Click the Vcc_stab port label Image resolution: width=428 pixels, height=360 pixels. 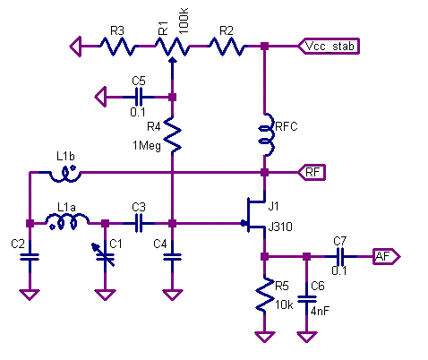[x=329, y=47]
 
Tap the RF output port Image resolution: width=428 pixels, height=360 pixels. [x=312, y=172]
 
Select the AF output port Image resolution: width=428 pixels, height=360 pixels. [x=387, y=256]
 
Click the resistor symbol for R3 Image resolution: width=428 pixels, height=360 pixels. [x=118, y=47]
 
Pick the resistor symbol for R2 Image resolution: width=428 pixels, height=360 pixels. [x=227, y=47]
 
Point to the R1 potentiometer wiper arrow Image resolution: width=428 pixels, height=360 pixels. [x=172, y=69]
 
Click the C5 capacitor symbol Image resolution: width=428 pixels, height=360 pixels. [x=139, y=97]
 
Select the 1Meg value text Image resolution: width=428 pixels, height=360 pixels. [x=147, y=146]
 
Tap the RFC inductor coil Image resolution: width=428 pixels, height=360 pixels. [x=266, y=134]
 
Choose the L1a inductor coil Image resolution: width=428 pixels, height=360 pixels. [x=67, y=220]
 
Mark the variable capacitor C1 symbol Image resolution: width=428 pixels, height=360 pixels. [x=105, y=255]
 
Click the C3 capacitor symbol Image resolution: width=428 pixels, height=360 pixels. [x=139, y=223]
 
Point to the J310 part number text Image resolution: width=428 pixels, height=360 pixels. [x=280, y=227]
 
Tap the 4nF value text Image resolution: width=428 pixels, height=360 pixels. [x=321, y=312]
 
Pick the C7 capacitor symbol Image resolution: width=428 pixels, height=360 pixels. [x=340, y=256]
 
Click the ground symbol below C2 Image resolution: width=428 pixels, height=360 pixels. [x=30, y=295]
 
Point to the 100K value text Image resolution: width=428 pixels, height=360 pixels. [x=184, y=21]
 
